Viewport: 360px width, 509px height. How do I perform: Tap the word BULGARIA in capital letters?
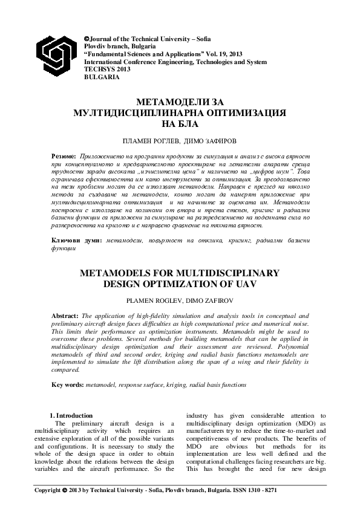(102, 77)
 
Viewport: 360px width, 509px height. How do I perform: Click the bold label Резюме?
(64, 156)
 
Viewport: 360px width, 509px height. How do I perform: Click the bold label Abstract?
(65, 316)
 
